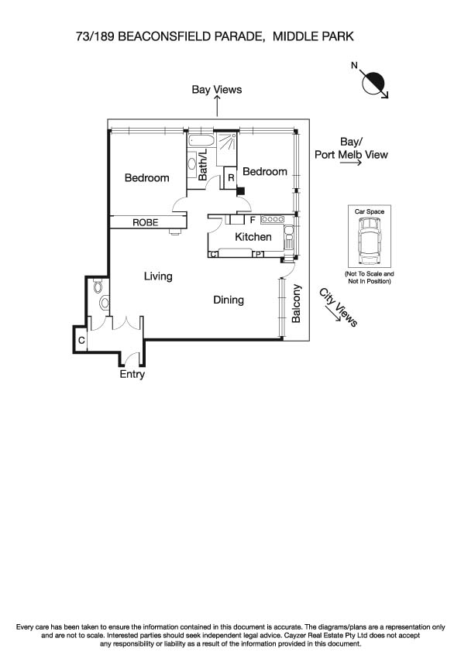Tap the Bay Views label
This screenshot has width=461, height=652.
click(216, 90)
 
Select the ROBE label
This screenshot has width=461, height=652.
click(145, 222)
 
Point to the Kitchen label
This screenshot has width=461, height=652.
click(253, 237)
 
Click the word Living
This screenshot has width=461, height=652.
click(158, 276)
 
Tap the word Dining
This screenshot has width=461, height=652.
click(229, 300)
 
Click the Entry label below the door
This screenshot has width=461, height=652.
click(132, 375)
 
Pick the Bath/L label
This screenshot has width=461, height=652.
click(204, 166)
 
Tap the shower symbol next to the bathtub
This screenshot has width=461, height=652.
click(226, 142)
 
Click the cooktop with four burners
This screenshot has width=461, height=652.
click(274, 219)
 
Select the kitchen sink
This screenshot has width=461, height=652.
click(287, 238)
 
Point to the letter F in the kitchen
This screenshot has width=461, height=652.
click(252, 220)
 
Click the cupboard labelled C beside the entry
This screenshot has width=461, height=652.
click(81, 339)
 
